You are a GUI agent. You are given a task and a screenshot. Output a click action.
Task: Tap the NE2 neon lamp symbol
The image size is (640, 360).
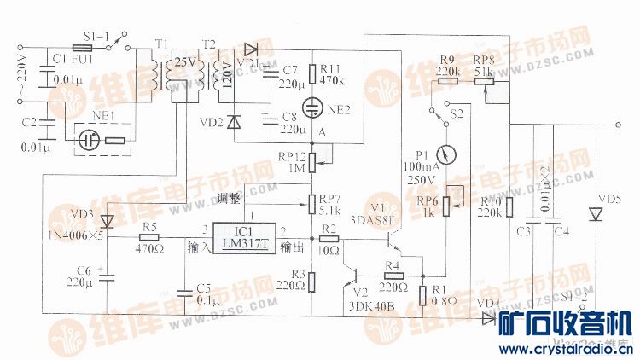click(x=315, y=108)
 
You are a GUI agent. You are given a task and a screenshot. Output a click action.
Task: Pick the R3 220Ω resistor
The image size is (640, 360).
click(x=312, y=282)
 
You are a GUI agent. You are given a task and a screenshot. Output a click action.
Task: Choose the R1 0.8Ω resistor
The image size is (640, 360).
click(x=424, y=295)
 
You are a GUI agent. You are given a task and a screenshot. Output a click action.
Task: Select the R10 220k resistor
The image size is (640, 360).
click(x=509, y=207)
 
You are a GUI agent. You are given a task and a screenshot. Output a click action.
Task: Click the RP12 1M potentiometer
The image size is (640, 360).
click(x=312, y=159)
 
